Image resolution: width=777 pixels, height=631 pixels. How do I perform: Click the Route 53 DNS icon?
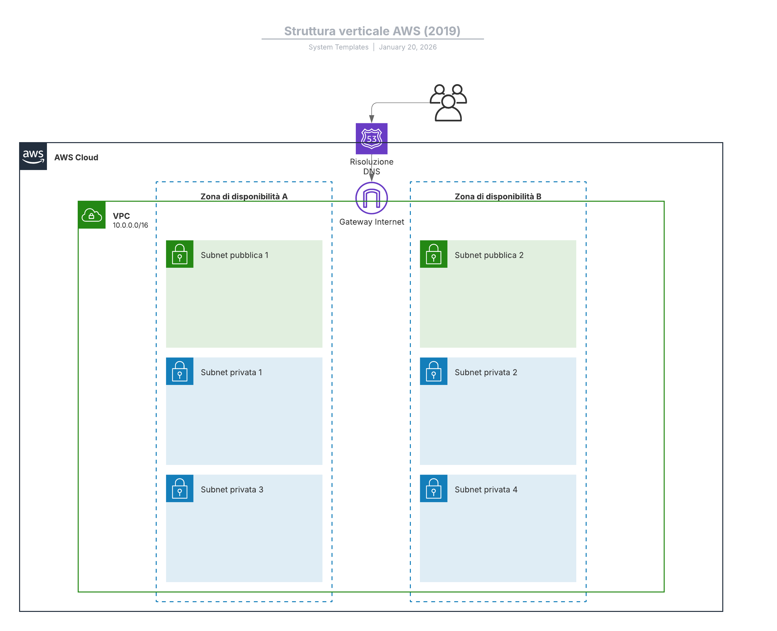coord(371,139)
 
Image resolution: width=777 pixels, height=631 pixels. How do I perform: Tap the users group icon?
coord(448,103)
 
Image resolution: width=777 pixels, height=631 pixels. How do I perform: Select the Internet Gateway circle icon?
coord(371,198)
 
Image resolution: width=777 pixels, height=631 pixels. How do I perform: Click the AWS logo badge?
coord(33,156)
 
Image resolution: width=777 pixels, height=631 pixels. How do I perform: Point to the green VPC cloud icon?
coord(92,215)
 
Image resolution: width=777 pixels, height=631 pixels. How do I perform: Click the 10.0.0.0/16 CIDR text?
coord(130,225)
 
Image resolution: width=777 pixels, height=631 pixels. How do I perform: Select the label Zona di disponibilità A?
coord(244,197)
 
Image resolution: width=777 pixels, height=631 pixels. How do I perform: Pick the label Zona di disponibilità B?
coord(498,197)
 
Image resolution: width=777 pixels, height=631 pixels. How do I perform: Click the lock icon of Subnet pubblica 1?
coord(180,254)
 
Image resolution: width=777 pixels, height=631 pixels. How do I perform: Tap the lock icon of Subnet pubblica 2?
coord(434,254)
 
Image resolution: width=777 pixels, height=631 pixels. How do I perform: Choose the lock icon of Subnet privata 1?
coord(180,371)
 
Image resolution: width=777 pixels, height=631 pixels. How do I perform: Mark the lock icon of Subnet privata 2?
coord(434,371)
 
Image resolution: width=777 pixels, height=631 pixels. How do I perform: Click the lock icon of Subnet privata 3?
coord(180,489)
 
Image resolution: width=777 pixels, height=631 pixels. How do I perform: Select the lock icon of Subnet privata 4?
coord(434,489)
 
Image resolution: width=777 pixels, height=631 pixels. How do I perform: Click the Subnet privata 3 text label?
coord(232,490)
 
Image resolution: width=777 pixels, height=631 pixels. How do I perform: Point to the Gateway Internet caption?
coord(371,222)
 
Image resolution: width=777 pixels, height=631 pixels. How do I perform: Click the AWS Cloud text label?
coord(76,157)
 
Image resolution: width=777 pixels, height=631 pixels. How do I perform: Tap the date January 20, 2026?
coord(408,47)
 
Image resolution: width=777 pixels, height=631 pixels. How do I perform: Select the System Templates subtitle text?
coord(338,47)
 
